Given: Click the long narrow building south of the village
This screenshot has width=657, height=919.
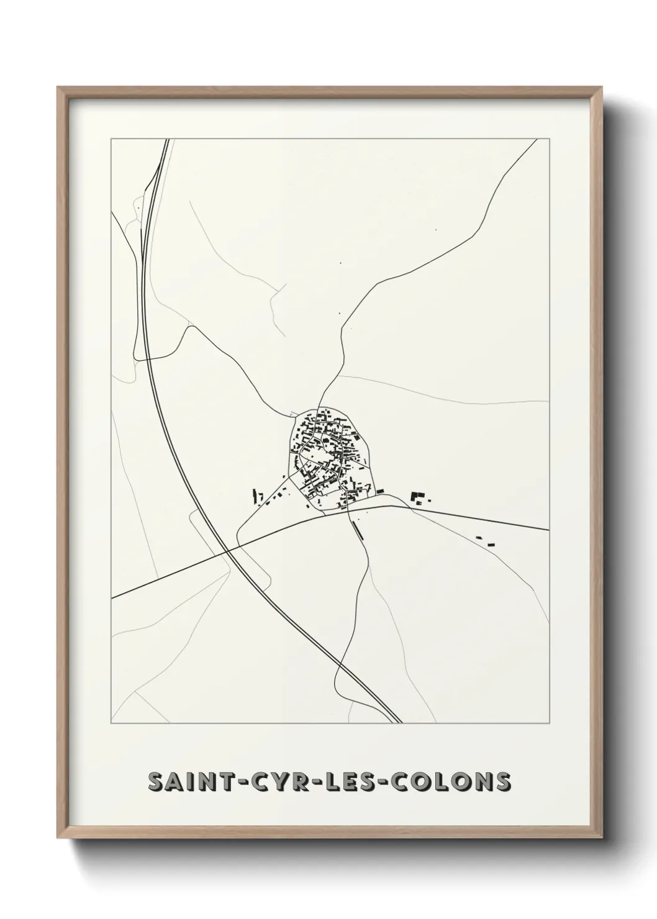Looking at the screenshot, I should [x=355, y=529].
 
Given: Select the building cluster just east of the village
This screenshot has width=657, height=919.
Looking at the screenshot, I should [x=419, y=497].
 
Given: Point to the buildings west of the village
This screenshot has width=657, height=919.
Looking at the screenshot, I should [x=256, y=496].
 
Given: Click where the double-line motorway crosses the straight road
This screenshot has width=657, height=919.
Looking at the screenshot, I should [x=227, y=550].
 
